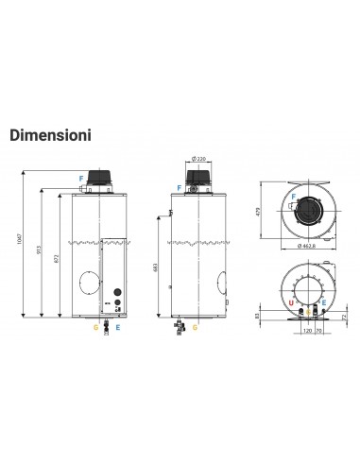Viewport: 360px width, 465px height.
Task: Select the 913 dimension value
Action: tap(39, 254)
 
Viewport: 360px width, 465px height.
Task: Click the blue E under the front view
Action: tap(117, 330)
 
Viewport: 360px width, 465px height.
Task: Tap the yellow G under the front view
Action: tap(94, 330)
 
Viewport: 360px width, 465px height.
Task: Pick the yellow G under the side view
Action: tap(195, 330)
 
